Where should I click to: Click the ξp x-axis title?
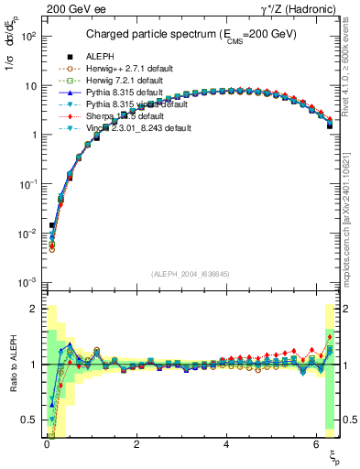[334, 453]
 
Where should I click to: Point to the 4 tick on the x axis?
[225, 442]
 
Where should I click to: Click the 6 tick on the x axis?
[315, 442]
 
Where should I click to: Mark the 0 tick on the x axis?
[46, 442]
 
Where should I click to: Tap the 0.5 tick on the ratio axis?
[34, 420]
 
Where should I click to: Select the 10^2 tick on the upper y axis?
[30, 36]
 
